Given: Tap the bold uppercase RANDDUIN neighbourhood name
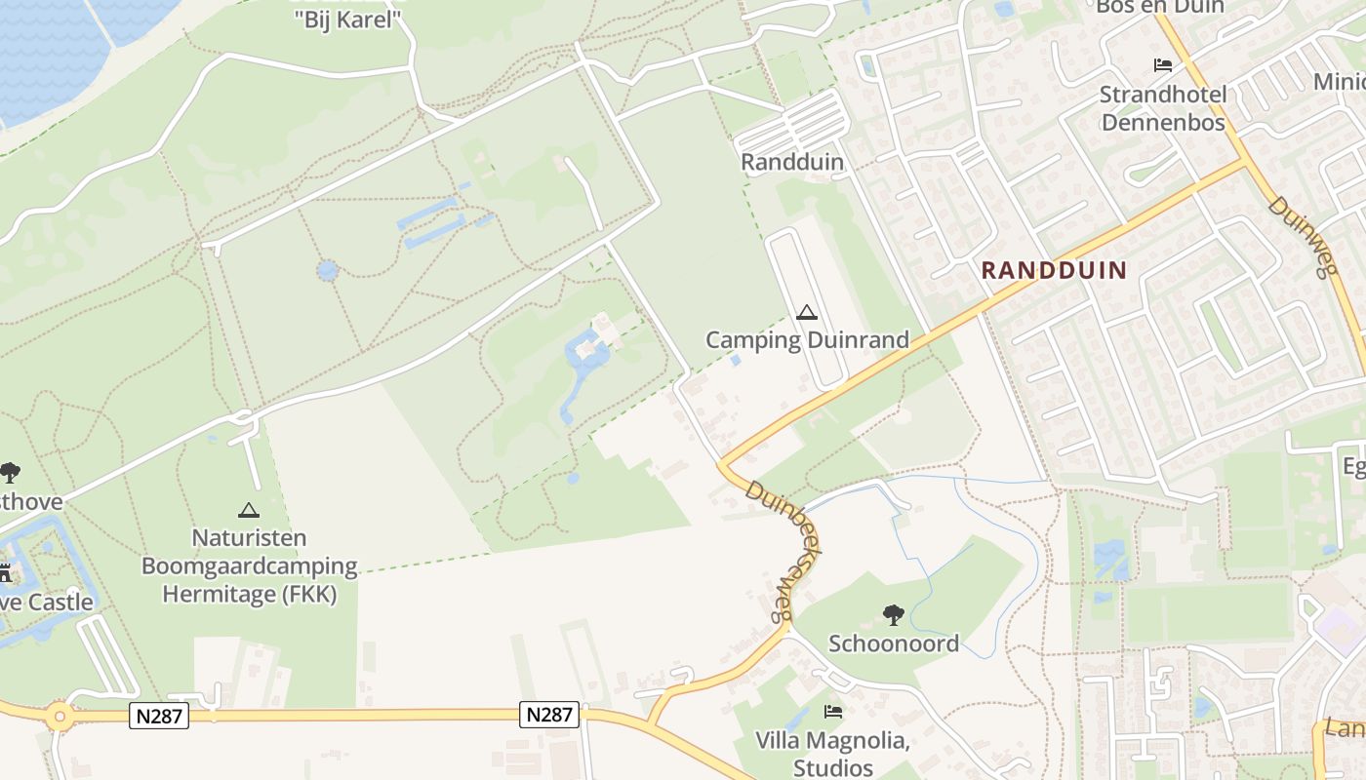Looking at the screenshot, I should coord(1054,270).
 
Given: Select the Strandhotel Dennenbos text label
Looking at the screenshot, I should coord(1162,108).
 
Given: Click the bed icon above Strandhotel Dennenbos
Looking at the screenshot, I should coord(1163,65).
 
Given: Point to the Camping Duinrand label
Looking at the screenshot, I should coord(807,339).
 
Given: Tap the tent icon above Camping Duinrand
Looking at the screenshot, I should coord(806,313).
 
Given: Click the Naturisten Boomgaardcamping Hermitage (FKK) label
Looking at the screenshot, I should coord(250,565).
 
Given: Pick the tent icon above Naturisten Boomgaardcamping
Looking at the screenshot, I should coord(249,510).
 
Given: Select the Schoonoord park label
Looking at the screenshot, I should coord(894,643).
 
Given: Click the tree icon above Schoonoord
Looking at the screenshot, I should coord(893,615).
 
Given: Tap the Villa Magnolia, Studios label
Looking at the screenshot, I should coord(832,754).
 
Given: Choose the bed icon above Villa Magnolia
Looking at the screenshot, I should coord(832,712).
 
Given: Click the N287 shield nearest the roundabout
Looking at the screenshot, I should coord(158,716).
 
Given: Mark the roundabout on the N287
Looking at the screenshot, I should coord(60,717).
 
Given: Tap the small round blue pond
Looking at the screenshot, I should coord(328,269).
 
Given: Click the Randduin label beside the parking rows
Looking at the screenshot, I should coord(792,162).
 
